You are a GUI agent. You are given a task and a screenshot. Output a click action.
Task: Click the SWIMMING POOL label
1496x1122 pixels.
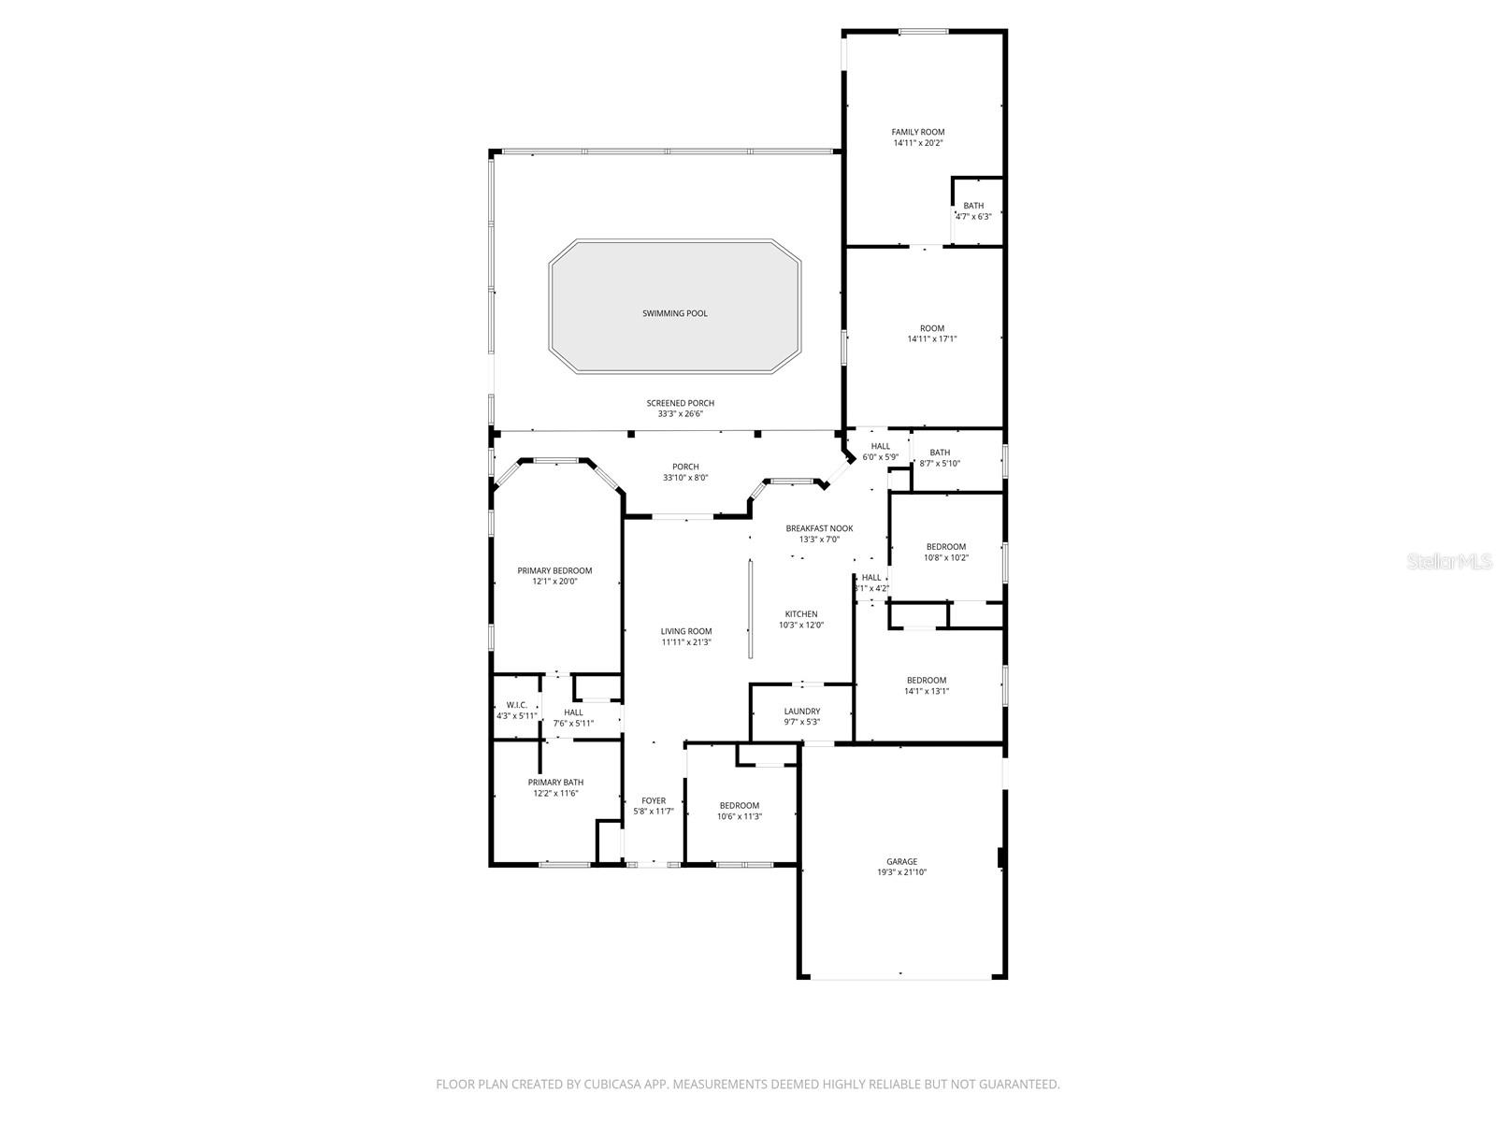tap(674, 313)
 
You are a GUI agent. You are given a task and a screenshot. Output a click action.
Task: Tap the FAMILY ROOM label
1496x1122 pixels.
tap(917, 132)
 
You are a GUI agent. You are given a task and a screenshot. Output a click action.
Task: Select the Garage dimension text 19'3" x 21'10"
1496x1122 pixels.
tap(901, 872)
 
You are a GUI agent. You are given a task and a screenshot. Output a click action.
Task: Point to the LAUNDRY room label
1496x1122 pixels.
tap(801, 712)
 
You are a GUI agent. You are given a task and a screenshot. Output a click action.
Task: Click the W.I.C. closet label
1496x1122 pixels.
tap(517, 705)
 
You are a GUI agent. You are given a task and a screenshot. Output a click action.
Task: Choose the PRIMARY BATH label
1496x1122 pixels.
tap(555, 783)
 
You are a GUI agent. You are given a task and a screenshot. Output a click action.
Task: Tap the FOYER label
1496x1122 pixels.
tap(654, 800)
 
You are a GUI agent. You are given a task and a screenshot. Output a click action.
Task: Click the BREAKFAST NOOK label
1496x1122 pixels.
tap(819, 528)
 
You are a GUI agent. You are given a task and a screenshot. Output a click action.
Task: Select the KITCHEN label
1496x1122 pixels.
tap(800, 614)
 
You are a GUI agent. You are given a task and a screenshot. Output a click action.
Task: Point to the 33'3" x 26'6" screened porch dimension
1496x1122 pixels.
tap(680, 413)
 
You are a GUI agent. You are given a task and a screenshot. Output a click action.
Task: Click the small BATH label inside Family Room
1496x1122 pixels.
tap(973, 206)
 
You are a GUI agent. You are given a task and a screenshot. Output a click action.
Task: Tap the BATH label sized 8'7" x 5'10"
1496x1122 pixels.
tap(940, 453)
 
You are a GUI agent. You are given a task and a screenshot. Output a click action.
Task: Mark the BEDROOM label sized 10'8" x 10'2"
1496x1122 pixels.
tap(946, 547)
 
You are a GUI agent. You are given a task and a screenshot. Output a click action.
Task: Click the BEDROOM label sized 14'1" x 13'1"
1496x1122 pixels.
tap(926, 681)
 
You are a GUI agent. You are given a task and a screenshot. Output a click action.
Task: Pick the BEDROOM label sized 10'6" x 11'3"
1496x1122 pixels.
tap(739, 806)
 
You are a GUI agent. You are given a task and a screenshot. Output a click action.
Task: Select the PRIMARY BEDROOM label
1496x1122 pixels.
tap(554, 570)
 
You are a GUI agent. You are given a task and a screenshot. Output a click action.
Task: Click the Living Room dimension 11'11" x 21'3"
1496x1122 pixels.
tap(686, 642)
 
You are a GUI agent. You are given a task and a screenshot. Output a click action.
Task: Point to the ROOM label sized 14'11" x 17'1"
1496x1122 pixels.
tap(931, 328)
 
